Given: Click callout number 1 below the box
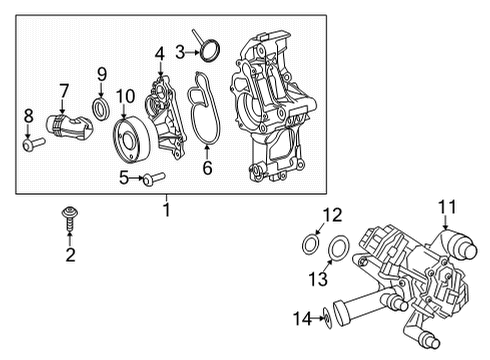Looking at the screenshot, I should coord(167,211).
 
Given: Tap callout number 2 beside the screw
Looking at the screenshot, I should coord(70,257).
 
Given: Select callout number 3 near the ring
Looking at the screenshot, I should coord(181,50).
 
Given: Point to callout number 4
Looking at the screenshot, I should coord(160,52).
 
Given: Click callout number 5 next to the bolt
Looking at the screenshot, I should coord(124,178).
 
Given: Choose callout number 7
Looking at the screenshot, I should coord(62,93).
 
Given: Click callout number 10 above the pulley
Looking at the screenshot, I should coord(125,96).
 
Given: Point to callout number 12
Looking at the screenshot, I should coord(332,213).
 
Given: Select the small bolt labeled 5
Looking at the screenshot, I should coord(153,179).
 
